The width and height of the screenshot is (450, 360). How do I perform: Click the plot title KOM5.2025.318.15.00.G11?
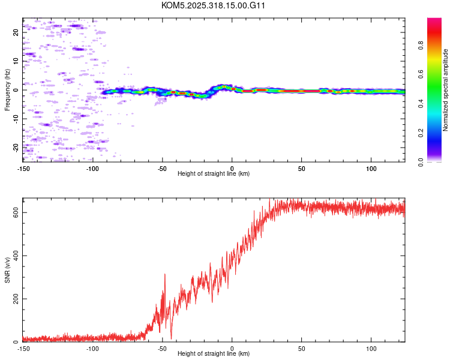(x=214, y=5)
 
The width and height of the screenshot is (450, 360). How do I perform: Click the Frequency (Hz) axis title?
(x=7, y=89)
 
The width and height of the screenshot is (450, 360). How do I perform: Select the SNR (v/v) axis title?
(x=7, y=271)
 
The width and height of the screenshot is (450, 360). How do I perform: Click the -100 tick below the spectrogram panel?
(x=92, y=169)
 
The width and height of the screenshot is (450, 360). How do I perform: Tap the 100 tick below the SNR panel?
(x=371, y=349)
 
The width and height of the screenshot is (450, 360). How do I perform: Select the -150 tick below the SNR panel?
(x=23, y=349)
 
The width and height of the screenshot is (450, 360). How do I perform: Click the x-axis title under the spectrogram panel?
(x=214, y=174)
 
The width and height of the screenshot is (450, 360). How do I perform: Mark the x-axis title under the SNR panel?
(x=214, y=354)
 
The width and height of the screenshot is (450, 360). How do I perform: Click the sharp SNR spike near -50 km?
(x=164, y=275)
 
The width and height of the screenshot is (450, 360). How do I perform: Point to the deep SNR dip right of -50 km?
(x=171, y=338)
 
